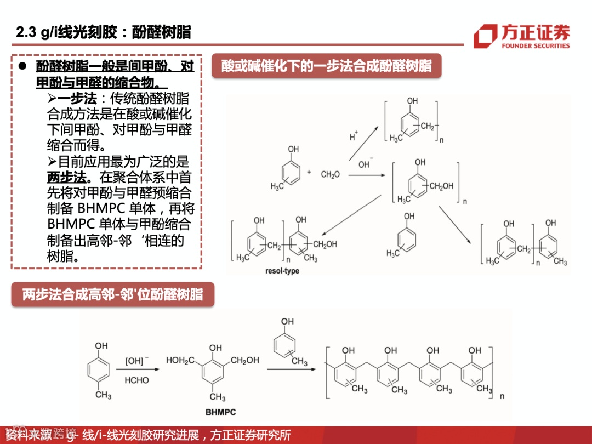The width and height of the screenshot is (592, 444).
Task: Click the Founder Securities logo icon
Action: [485, 36]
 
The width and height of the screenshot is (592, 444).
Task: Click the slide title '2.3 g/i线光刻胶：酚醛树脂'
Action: [104, 32]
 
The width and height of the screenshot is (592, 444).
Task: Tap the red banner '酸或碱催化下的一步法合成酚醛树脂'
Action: [327, 67]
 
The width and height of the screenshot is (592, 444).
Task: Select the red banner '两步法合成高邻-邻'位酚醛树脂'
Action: [112, 295]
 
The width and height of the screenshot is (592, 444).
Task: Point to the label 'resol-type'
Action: [282, 271]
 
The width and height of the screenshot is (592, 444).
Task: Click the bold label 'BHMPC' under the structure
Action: [220, 412]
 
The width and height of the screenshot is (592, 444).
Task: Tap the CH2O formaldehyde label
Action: [330, 174]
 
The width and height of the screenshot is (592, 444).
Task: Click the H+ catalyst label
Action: [354, 136]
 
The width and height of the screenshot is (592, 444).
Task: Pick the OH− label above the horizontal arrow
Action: [365, 163]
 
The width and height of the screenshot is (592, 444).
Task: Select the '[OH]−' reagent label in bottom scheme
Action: [136, 361]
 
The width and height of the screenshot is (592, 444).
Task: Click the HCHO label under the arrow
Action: [136, 380]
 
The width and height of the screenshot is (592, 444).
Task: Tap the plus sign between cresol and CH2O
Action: [309, 172]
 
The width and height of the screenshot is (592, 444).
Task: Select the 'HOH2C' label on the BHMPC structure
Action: [180, 361]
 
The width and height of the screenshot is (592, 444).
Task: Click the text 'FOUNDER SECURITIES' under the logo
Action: [536, 46]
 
